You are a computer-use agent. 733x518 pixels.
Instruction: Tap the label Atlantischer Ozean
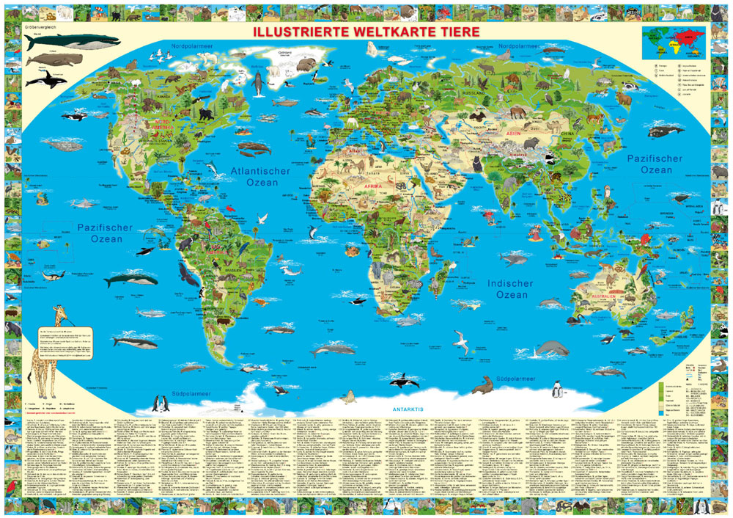tap(260, 176)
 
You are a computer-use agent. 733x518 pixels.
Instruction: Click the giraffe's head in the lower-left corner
tap(58, 313)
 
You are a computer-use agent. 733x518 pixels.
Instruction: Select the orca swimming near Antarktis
tap(405, 382)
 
